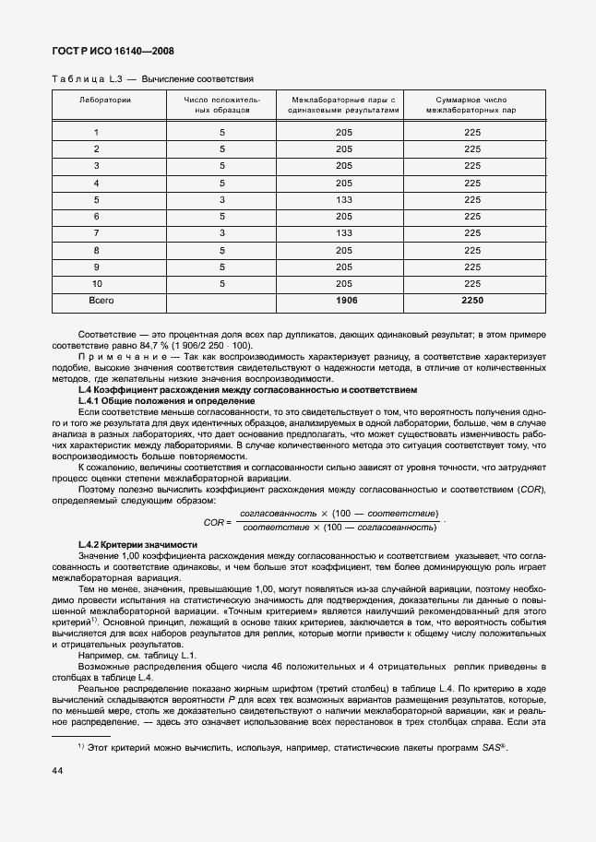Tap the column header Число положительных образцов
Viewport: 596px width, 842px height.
click(x=221, y=103)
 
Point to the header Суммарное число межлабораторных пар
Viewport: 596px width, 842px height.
click(x=471, y=103)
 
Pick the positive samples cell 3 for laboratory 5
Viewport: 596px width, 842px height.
click(x=222, y=200)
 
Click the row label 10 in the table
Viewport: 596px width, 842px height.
click(x=96, y=283)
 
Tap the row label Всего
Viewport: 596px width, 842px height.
click(x=101, y=300)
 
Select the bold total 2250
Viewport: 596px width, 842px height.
click(x=472, y=300)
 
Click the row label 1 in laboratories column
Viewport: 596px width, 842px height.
click(x=96, y=133)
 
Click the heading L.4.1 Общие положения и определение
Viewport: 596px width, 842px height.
click(x=153, y=401)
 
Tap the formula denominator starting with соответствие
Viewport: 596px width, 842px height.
click(x=339, y=527)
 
